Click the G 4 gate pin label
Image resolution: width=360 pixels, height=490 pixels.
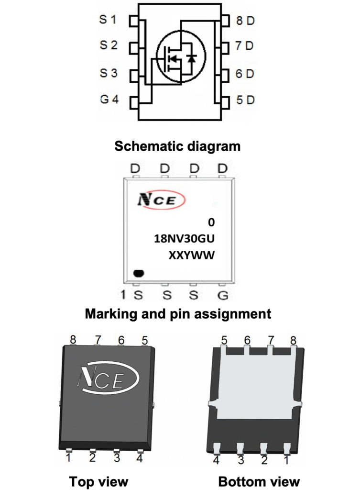[109, 101]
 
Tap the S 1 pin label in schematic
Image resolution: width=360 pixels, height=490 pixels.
[108, 20]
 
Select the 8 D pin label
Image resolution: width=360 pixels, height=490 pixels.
[245, 21]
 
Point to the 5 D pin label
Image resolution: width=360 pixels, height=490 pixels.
[245, 100]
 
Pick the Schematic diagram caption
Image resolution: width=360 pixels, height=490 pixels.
[177, 146]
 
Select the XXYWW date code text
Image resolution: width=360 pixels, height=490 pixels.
[190, 256]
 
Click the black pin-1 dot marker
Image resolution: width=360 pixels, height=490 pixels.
[139, 274]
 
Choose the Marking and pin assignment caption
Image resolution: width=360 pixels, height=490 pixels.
[178, 314]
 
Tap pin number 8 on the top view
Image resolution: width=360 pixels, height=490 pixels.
[73, 340]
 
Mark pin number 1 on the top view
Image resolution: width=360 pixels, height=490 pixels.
[69, 458]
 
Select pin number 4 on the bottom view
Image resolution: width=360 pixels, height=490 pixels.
[216, 460]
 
